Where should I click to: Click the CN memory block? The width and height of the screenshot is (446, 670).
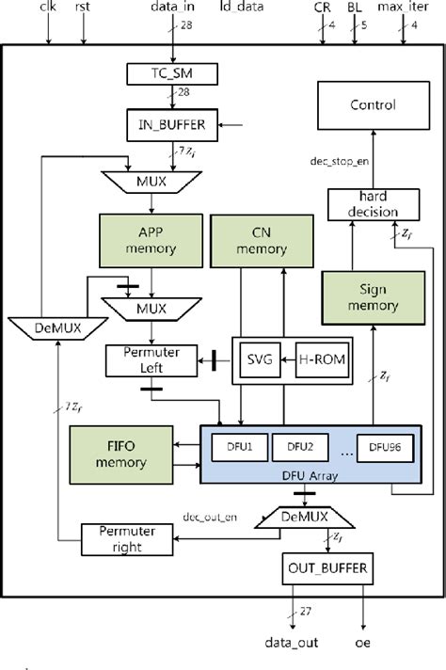pyautogui.click(x=247, y=241)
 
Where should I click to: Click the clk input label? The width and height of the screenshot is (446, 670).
pyautogui.click(x=48, y=8)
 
